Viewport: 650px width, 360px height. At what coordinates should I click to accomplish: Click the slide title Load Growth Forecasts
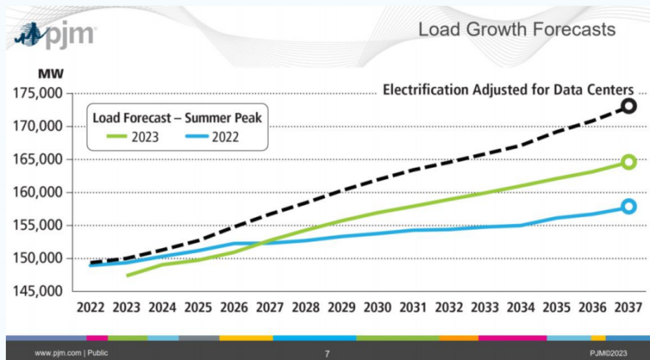[517, 30]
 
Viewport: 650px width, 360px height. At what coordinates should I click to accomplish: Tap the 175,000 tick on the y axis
[40, 93]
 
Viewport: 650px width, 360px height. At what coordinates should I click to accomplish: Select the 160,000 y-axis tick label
[40, 192]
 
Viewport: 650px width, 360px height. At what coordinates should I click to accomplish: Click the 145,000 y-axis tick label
[40, 291]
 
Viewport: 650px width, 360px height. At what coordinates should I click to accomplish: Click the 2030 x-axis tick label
[377, 308]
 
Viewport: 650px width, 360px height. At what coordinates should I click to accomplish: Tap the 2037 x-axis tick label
[628, 308]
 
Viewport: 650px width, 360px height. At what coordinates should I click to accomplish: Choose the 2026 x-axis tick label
[234, 308]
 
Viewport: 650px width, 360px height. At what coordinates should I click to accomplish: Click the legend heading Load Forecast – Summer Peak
[177, 118]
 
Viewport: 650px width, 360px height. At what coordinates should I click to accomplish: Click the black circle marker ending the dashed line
[628, 106]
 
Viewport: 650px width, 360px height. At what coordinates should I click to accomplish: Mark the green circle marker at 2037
[628, 162]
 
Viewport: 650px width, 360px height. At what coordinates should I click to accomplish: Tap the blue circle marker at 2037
[628, 206]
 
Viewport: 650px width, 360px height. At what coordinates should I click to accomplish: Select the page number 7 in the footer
[327, 353]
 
